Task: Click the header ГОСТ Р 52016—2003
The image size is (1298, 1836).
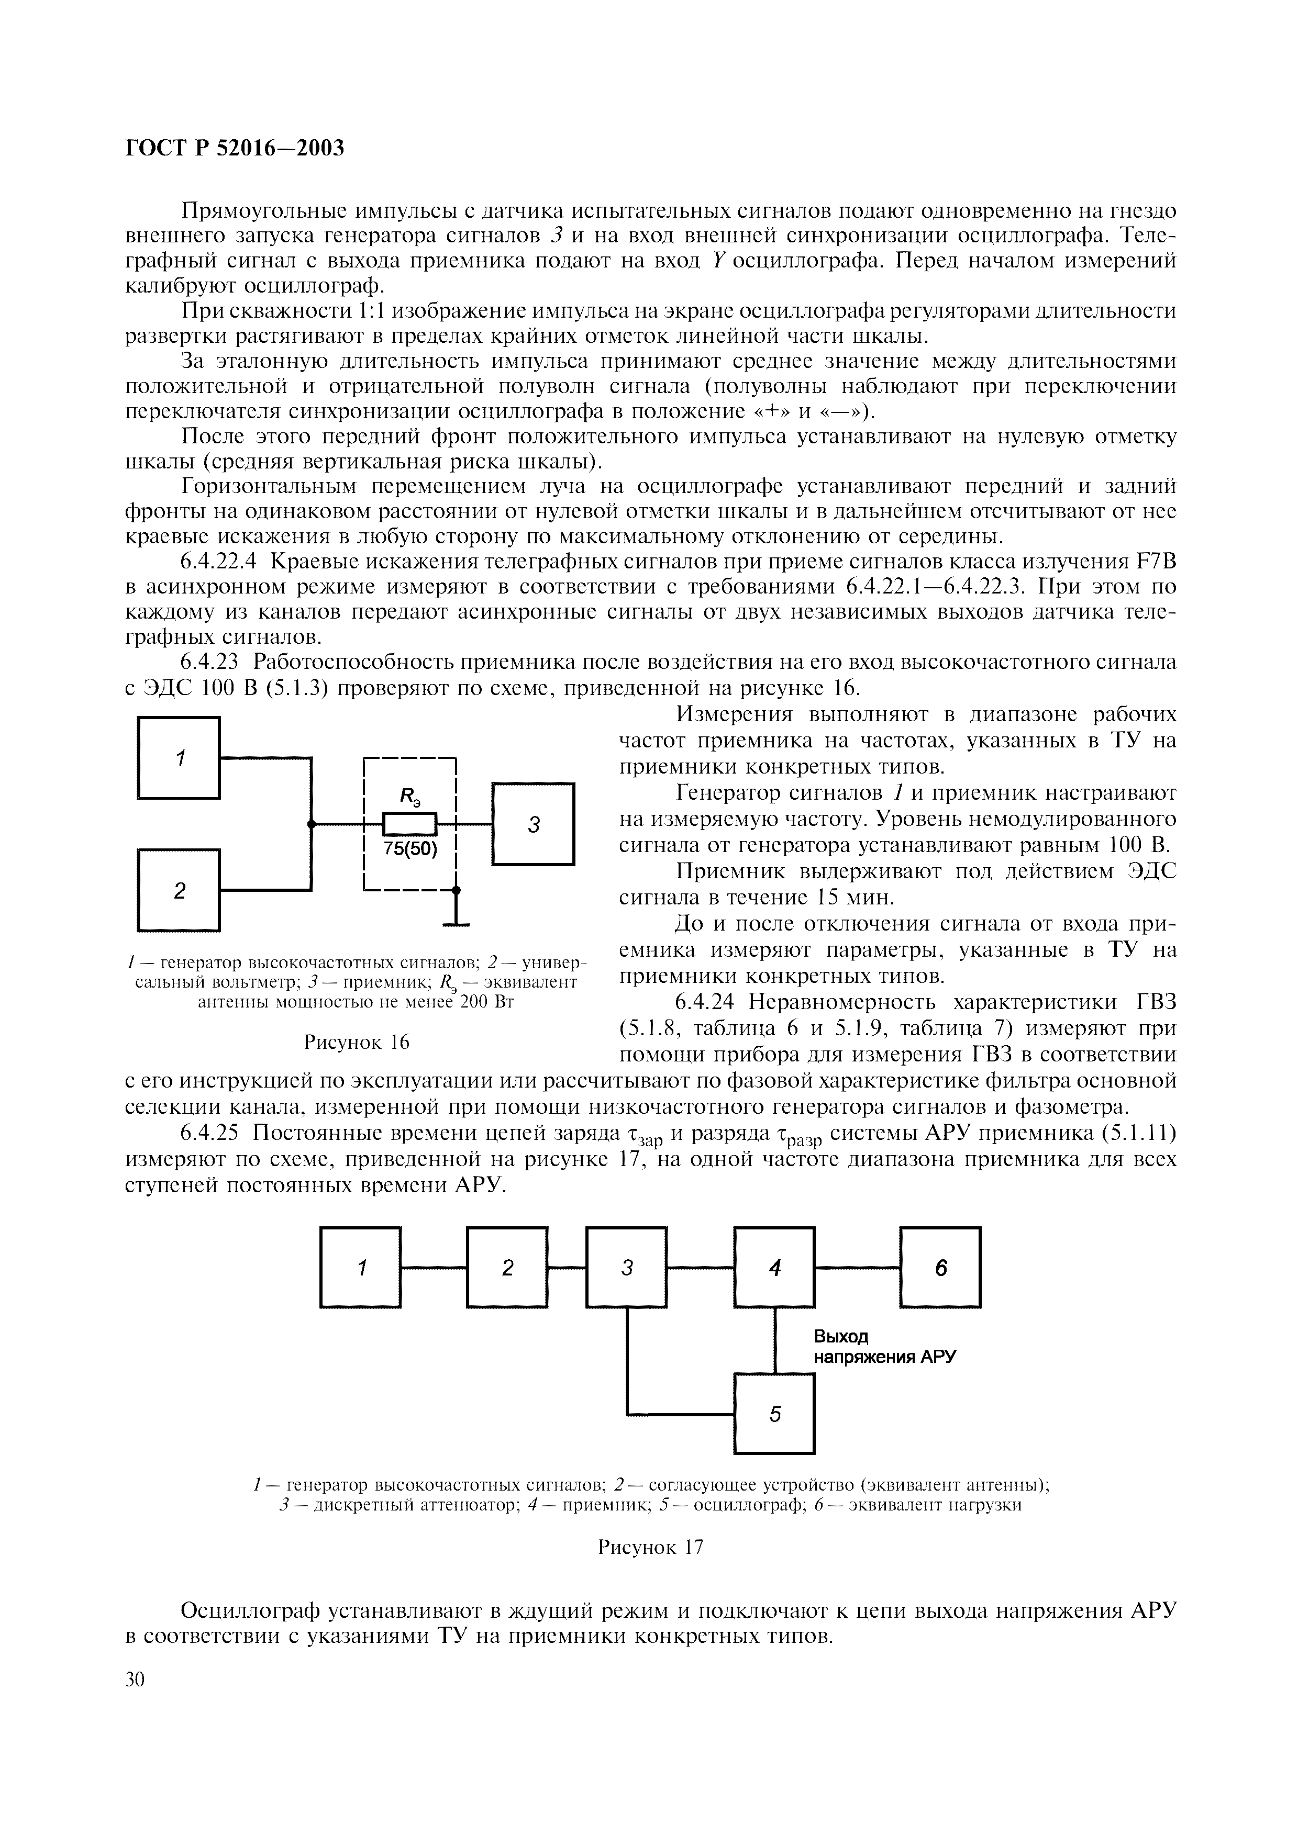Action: pos(235,148)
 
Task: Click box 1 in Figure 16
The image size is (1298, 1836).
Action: pos(179,757)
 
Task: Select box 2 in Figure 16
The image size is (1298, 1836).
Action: pos(179,890)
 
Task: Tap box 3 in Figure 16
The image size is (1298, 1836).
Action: pos(534,824)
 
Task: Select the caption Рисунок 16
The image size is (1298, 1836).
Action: pos(356,1043)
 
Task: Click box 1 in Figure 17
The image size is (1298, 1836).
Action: pos(361,1268)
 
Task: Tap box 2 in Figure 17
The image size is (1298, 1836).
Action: pos(507,1268)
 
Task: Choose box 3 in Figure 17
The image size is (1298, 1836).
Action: pos(626,1268)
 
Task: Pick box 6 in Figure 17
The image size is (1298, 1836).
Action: pos(940,1268)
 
